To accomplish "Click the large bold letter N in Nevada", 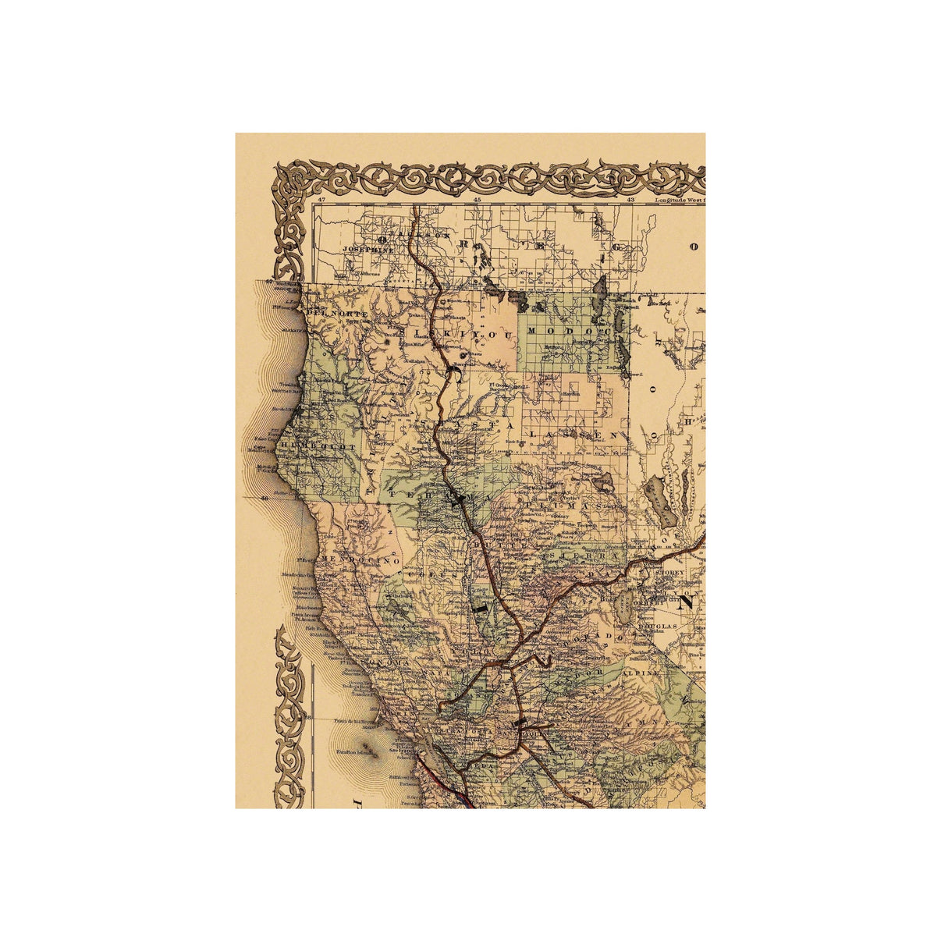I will tap(688, 603).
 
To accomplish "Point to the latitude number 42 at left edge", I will tap(268, 282).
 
